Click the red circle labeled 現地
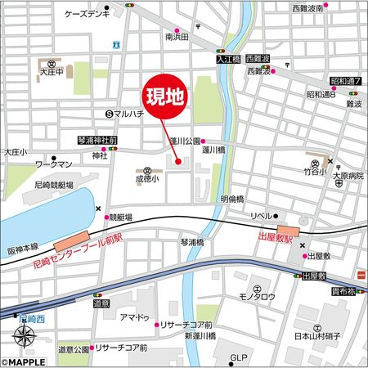(x=165, y=97)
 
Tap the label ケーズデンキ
(x=86, y=16)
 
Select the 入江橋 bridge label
(x=227, y=60)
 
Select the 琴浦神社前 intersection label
(x=98, y=141)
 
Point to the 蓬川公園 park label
(x=184, y=141)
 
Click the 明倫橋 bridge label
(x=232, y=199)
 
